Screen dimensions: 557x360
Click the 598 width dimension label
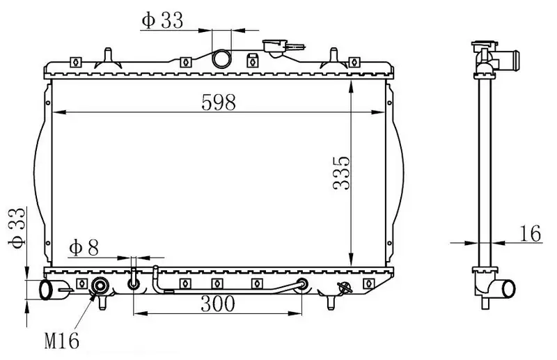pos(218,102)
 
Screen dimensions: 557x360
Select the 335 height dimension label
pos(342,173)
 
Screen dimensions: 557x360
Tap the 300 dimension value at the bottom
pos(217,304)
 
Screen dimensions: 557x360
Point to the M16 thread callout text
pos(61,341)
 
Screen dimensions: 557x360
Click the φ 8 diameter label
pos(84,247)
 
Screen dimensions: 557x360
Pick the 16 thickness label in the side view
pos(530,233)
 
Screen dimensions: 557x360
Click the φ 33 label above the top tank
pos(162,20)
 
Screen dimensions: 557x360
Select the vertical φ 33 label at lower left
pos(17,228)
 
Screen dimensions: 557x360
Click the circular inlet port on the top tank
pos(221,58)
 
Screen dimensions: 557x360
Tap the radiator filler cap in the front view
pos(275,48)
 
